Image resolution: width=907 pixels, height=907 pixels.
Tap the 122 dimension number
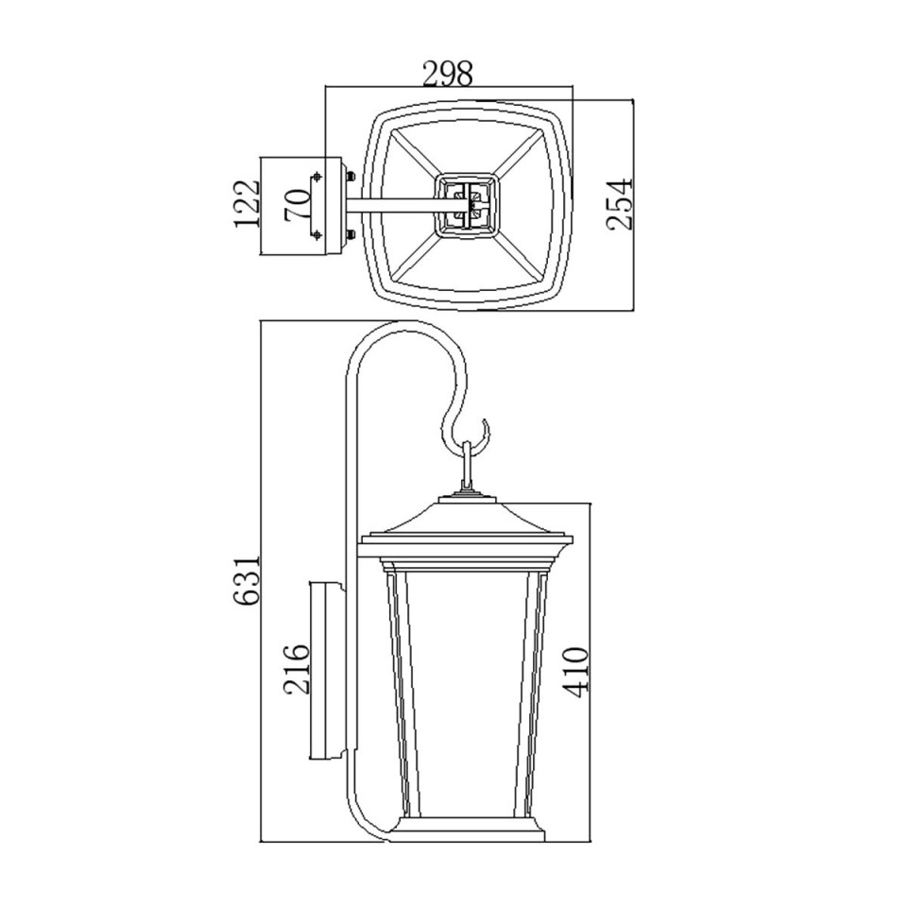(x=248, y=204)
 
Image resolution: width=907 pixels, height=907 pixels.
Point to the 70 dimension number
(x=298, y=204)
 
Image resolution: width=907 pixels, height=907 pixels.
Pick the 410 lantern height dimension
(x=576, y=671)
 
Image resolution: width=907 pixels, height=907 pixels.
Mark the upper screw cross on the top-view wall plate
(x=317, y=175)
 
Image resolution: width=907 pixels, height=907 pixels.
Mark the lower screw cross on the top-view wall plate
(x=317, y=234)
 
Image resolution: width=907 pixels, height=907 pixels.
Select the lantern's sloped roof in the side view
(x=468, y=518)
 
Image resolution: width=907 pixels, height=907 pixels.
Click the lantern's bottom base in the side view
(x=468, y=831)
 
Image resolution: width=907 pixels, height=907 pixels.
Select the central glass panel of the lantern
(x=468, y=690)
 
